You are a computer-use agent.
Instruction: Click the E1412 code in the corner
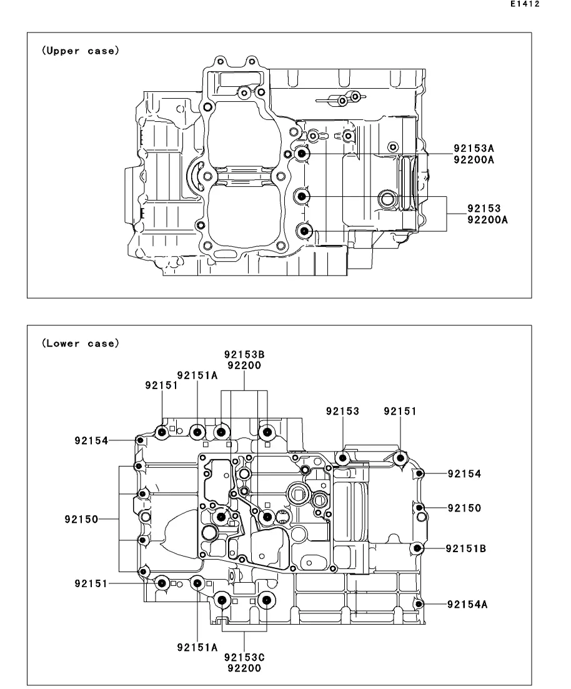pyautogui.click(x=525, y=4)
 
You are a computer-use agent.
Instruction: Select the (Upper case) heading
pyautogui.click(x=81, y=51)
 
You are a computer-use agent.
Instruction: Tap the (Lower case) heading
pyautogui.click(x=81, y=343)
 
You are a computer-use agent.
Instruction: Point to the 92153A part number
pyautogui.click(x=474, y=149)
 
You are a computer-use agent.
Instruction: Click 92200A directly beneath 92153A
pyautogui.click(x=474, y=160)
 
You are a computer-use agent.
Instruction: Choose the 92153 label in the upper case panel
pyautogui.click(x=484, y=208)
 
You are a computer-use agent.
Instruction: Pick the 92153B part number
pyautogui.click(x=244, y=354)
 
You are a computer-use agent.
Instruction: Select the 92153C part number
pyautogui.click(x=244, y=657)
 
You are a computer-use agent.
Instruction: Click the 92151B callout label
pyautogui.click(x=466, y=548)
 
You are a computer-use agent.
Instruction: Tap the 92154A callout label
pyautogui.click(x=467, y=604)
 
